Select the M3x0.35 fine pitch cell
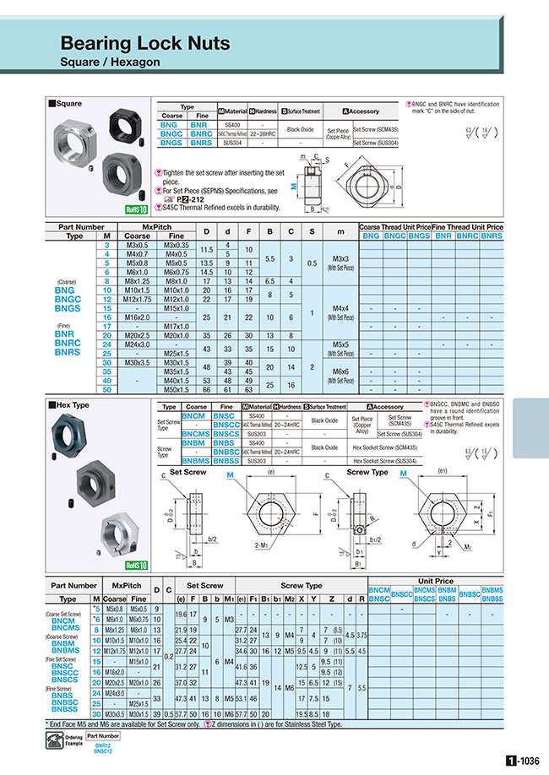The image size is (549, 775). coord(177,244)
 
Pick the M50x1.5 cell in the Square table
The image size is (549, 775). coord(177,390)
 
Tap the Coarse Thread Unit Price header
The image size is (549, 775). coord(394,227)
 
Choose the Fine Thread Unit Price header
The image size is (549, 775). coord(467,227)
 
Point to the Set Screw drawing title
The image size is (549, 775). coord(188,473)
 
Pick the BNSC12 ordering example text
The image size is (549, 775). coord(103,751)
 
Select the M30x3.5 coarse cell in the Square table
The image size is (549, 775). coord(137,362)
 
